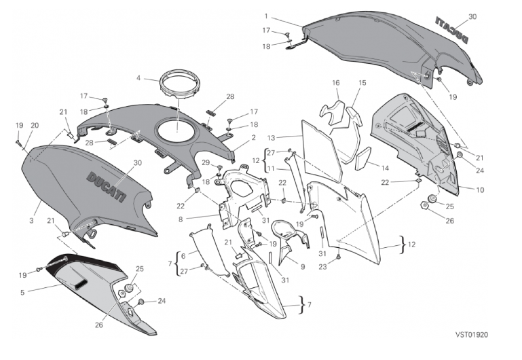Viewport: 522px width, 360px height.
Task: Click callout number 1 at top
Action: [x=267, y=16]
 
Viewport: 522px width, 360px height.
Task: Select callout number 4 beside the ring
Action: [x=138, y=78]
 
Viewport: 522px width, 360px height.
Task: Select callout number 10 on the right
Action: [x=481, y=190]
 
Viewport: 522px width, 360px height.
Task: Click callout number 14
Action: [x=386, y=167]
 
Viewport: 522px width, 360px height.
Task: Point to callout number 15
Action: [x=362, y=83]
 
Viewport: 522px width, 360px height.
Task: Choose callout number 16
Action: [x=335, y=83]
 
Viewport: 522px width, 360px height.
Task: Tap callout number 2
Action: [x=253, y=137]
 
